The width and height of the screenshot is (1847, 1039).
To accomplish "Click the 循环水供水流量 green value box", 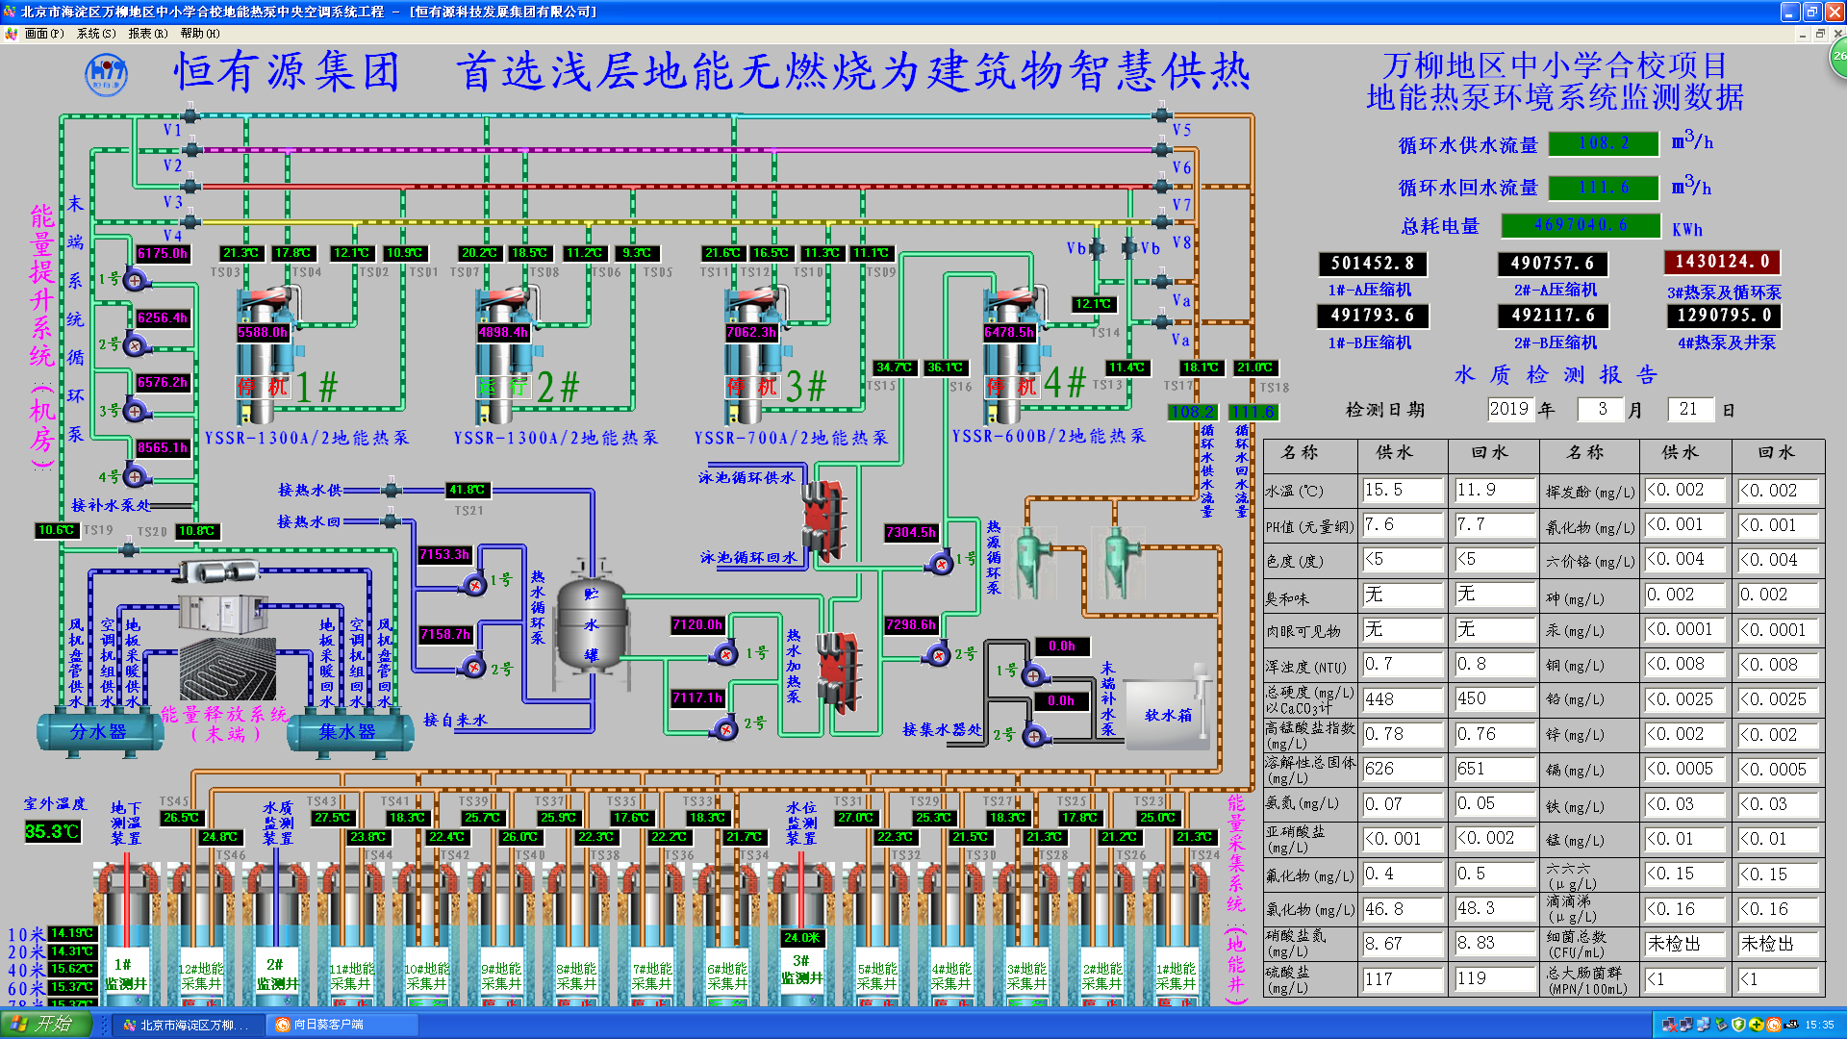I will click(x=1604, y=143).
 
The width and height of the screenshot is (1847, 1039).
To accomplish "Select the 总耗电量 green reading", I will click(x=1581, y=225).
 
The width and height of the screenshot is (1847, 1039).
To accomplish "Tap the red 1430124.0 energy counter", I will click(x=1722, y=262).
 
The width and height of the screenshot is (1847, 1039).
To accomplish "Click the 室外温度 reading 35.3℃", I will click(x=52, y=831).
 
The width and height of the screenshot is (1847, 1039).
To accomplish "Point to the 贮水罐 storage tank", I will click(x=591, y=625).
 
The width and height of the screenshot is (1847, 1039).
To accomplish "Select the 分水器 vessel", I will click(x=99, y=732).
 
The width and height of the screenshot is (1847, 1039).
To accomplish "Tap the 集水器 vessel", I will click(x=347, y=732).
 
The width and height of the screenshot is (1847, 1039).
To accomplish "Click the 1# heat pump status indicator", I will click(x=263, y=387).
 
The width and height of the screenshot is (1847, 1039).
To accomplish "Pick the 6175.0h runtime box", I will click(x=163, y=254).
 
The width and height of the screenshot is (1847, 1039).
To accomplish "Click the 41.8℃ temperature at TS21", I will click(x=468, y=490).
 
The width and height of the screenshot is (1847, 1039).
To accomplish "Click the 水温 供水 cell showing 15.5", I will click(x=1402, y=490).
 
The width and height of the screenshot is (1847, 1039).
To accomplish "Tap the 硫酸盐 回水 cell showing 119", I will click(x=1492, y=978).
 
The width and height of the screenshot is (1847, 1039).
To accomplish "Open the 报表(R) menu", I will click(x=147, y=33).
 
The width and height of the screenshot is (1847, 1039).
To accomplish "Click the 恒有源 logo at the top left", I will click(x=106, y=73).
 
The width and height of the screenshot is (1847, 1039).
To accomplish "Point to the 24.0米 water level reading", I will click(x=801, y=937).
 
